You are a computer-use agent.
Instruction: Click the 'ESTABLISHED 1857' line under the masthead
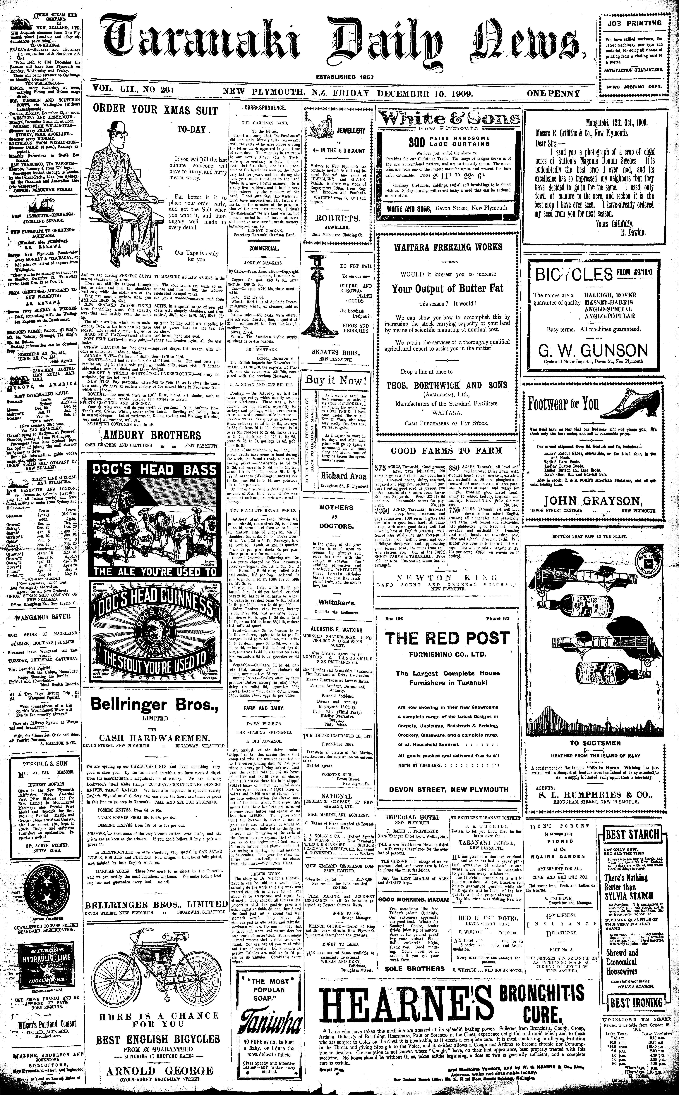coord(345,77)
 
